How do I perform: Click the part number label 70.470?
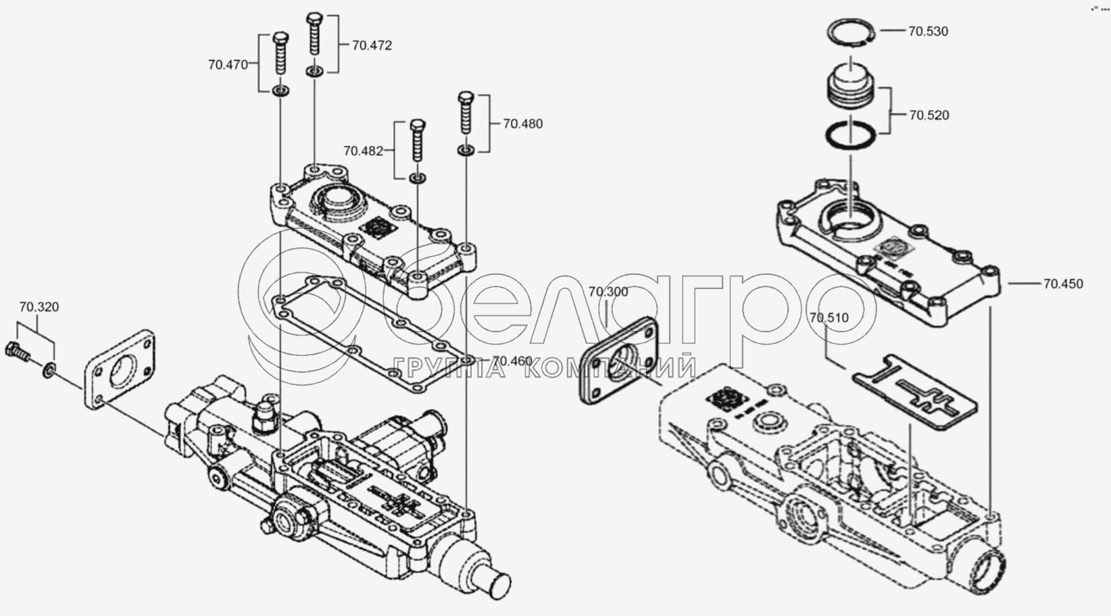pyautogui.click(x=228, y=65)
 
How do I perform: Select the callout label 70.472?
pyautogui.click(x=372, y=45)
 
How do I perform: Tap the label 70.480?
pyautogui.click(x=522, y=124)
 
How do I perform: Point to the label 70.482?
pyautogui.click(x=364, y=151)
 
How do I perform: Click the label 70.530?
pyautogui.click(x=928, y=31)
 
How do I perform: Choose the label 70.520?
pyautogui.click(x=929, y=115)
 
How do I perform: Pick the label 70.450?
pyautogui.click(x=1062, y=284)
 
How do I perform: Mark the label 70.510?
pyautogui.click(x=829, y=317)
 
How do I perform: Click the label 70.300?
pyautogui.click(x=608, y=292)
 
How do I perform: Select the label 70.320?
pyautogui.click(x=39, y=307)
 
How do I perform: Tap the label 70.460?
pyautogui.click(x=512, y=361)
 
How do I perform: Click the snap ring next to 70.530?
pyautogui.click(x=851, y=32)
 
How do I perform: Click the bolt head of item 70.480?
pyautogui.click(x=466, y=97)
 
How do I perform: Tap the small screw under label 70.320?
pyautogui.click(x=18, y=351)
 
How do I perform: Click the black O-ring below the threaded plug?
pyautogui.click(x=850, y=134)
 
